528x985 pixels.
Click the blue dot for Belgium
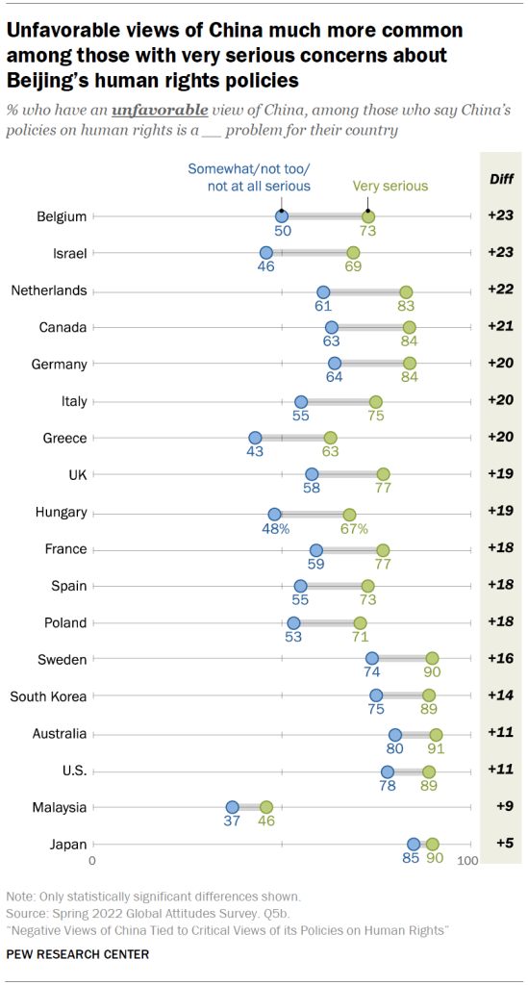pyautogui.click(x=282, y=216)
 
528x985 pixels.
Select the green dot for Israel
pyautogui.click(x=353, y=253)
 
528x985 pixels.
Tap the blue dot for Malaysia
pyautogui.click(x=232, y=807)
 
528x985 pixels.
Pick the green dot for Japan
pyautogui.click(x=432, y=844)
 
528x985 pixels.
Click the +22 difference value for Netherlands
pyautogui.click(x=499, y=290)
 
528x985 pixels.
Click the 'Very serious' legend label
pyautogui.click(x=390, y=186)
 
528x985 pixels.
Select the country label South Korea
pyautogui.click(x=48, y=695)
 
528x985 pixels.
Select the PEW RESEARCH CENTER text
pyautogui.click(x=78, y=954)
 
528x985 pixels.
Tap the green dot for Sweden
pyautogui.click(x=432, y=659)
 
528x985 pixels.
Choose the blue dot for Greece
pyautogui.click(x=255, y=438)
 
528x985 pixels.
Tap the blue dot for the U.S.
pyautogui.click(x=387, y=770)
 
